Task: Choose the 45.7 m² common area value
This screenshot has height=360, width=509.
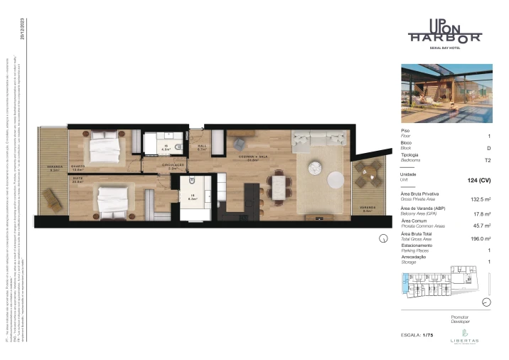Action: coord(483,226)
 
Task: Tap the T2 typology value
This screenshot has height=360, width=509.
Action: coord(487,161)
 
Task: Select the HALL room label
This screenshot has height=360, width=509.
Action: coord(201,147)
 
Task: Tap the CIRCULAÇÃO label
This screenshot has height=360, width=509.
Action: coord(177,166)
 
